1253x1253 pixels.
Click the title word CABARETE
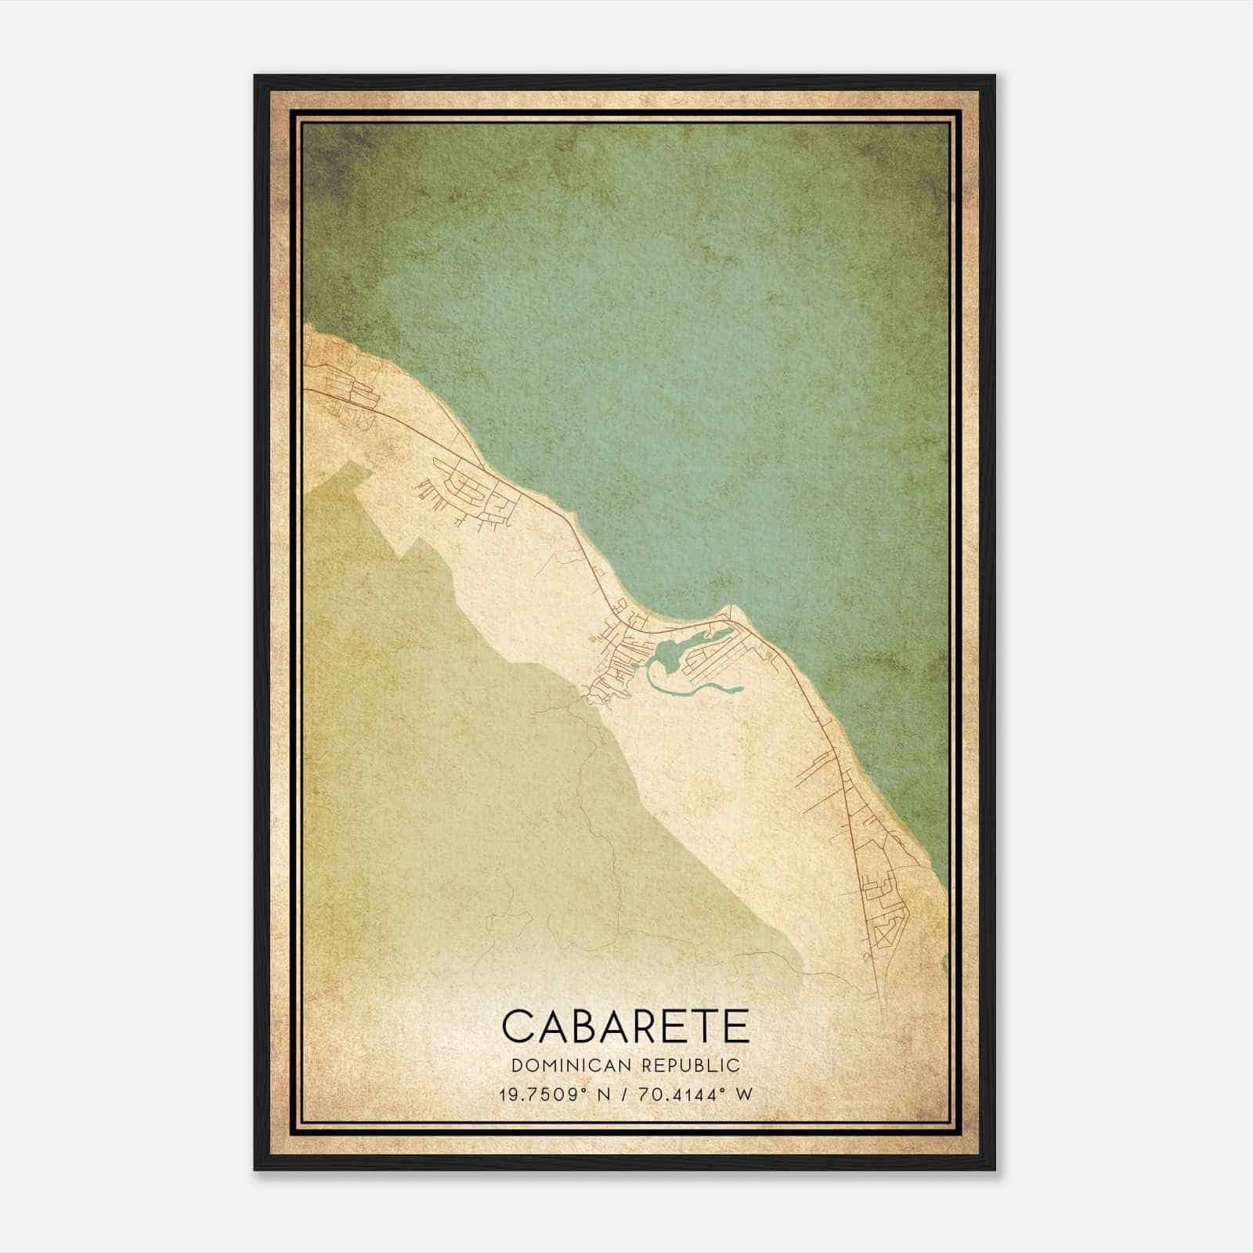pos(625,1026)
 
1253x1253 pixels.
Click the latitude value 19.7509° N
pos(550,1094)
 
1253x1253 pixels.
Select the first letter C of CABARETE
pos(518,1026)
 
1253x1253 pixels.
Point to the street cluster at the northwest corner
pos(345,392)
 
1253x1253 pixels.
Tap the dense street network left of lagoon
pos(619,666)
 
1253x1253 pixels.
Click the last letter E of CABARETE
pos(735,1026)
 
